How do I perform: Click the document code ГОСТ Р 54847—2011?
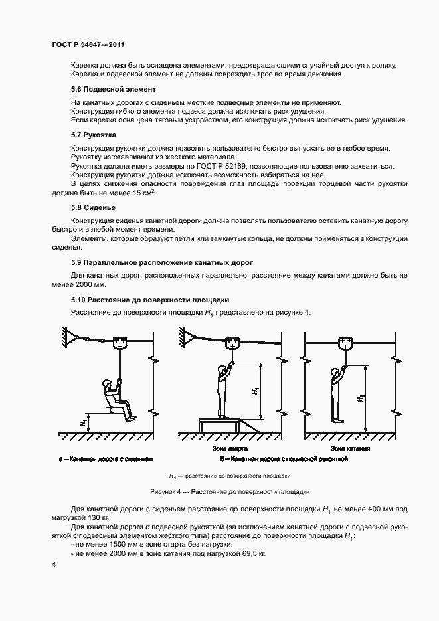point(88,45)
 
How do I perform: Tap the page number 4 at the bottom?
point(53,564)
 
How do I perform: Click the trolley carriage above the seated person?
point(120,343)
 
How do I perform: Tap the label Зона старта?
point(220,449)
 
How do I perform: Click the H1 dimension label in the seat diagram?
point(83,421)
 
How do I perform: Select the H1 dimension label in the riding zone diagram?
point(361,399)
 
